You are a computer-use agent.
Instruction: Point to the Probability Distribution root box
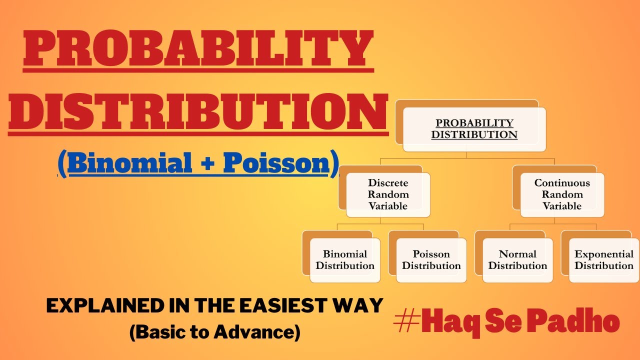coord(474,129)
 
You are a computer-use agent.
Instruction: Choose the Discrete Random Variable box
coord(387,194)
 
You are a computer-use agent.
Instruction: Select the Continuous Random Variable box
coord(562,194)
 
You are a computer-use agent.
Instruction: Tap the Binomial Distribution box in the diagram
coord(344,260)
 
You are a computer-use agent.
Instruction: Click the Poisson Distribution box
coord(431,260)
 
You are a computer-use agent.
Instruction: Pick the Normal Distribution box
coord(517,260)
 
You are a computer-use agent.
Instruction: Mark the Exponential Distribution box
coord(603,260)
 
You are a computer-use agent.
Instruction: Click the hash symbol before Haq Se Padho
coord(406,322)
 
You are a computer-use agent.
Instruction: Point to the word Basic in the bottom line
coord(160,333)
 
